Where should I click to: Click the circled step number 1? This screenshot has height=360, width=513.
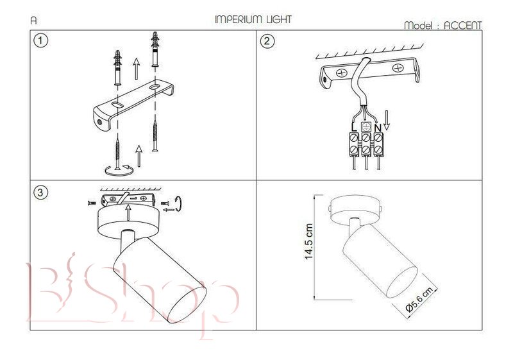(40, 41)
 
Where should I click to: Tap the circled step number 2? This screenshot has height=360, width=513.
(267, 41)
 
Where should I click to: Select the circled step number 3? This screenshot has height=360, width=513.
(40, 192)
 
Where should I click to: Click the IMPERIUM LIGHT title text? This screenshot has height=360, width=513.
(253, 19)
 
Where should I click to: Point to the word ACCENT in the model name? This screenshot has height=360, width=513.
(462, 25)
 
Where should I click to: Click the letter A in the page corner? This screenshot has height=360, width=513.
(33, 21)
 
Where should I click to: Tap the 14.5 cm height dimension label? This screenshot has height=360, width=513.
(308, 241)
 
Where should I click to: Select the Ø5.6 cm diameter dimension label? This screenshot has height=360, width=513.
(419, 299)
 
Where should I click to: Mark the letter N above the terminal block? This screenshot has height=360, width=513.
(378, 128)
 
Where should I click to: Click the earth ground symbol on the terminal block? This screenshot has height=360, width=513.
(366, 127)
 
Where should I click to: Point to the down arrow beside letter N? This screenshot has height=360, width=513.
(387, 121)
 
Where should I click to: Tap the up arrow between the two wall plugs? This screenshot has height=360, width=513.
(137, 69)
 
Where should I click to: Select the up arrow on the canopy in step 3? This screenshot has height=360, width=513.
(128, 212)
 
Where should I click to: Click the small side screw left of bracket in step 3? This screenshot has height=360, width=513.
(92, 203)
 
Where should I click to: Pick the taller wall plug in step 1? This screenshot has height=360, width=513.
(155, 50)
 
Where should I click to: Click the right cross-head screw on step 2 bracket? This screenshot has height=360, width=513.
(398, 68)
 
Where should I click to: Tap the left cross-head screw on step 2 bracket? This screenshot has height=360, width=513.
(342, 73)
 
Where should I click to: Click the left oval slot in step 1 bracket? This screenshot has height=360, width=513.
(117, 105)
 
